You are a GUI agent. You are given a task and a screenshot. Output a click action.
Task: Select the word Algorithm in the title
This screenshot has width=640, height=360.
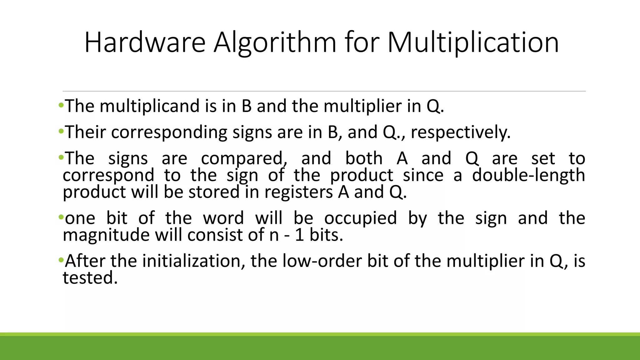click(275, 43)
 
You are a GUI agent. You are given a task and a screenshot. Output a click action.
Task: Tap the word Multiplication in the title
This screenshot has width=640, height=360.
click(473, 43)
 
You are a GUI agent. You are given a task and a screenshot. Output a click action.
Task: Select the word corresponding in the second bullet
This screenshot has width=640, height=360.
click(169, 132)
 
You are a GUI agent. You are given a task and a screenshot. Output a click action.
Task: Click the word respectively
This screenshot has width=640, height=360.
click(460, 132)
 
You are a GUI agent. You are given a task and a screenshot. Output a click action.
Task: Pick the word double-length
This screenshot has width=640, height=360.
click(528, 175)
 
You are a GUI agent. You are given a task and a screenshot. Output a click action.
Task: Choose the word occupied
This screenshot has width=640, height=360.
click(360, 218)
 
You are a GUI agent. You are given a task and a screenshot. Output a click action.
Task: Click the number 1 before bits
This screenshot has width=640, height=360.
click(299, 235)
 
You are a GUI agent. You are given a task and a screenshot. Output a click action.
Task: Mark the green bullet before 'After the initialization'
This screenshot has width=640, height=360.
click(61, 260)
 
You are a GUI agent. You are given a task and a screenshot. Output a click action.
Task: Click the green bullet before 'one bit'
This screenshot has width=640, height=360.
click(61, 217)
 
